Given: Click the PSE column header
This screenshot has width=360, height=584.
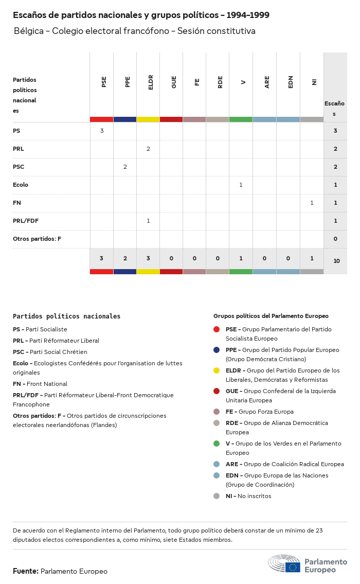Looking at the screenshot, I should [x=104, y=82].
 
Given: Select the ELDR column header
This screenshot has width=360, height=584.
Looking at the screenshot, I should [x=151, y=83].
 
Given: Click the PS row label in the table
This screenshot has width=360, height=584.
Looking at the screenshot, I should [x=16, y=131].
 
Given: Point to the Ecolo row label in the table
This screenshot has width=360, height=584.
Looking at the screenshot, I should [x=21, y=185].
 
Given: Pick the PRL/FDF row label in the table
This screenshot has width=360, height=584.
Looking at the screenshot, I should [x=26, y=221].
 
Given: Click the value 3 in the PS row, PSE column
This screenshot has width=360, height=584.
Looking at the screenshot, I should [x=102, y=131].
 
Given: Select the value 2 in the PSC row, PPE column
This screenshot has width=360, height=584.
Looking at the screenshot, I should [x=125, y=167].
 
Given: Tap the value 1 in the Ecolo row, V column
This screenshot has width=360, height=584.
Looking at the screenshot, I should [x=241, y=185].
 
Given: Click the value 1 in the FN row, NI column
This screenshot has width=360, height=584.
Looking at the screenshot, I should [x=312, y=203].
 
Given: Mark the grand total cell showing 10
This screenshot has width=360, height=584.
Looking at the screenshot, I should [x=336, y=261].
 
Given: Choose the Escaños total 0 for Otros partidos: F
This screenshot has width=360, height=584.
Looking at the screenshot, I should [x=335, y=239].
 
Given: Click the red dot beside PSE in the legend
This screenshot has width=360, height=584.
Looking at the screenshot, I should [x=217, y=329].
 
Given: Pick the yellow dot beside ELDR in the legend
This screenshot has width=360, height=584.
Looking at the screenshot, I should [x=217, y=370].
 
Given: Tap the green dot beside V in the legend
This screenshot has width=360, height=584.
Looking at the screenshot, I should [x=217, y=444].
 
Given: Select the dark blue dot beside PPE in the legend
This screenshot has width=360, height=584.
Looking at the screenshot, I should [x=217, y=350].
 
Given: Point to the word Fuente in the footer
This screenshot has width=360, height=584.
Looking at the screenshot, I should [x=25, y=571].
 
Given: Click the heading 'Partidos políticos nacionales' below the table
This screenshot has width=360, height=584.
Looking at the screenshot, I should [x=66, y=316].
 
